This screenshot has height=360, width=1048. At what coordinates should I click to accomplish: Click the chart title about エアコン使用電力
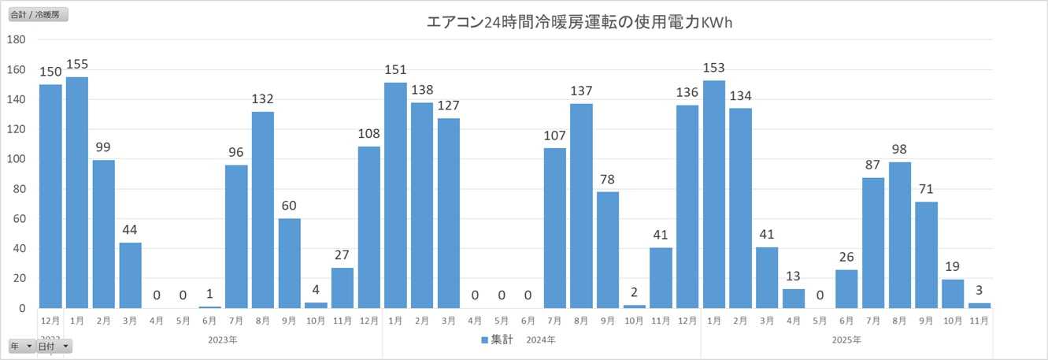point(579,23)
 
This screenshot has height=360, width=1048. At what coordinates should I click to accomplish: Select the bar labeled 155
point(77,192)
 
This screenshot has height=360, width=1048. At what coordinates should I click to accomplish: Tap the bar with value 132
point(263,210)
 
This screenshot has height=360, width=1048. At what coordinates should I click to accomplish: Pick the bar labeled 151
point(395,195)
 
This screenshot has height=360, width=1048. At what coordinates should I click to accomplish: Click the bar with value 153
point(713,194)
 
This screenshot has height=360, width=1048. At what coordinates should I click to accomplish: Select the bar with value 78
point(607,250)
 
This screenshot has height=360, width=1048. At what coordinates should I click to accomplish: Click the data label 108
point(368,133)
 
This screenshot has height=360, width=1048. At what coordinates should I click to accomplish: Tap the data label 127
point(448,105)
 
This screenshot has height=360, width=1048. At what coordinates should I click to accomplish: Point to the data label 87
point(872,165)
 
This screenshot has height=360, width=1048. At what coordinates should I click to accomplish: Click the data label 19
point(952,266)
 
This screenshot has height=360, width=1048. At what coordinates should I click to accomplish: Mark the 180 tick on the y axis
point(17,39)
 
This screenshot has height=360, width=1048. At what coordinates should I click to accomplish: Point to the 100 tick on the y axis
point(17,159)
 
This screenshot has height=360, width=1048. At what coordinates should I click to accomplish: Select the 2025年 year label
point(846,340)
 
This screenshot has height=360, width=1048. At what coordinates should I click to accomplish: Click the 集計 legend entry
point(497,340)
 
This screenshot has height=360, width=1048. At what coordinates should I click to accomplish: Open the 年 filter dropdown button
point(21,347)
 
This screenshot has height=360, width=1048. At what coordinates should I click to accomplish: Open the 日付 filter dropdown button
point(54,347)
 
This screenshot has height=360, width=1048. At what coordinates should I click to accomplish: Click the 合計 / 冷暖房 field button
point(39,15)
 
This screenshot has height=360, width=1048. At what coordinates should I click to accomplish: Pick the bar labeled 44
point(130,275)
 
